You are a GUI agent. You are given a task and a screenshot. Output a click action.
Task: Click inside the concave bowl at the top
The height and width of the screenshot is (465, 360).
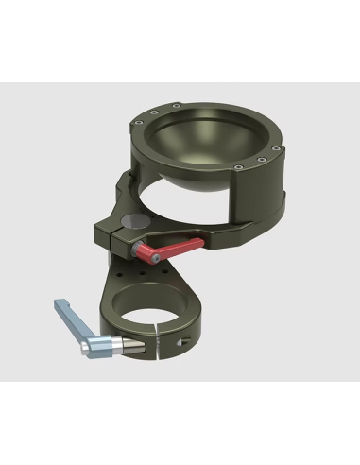(209, 137)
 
